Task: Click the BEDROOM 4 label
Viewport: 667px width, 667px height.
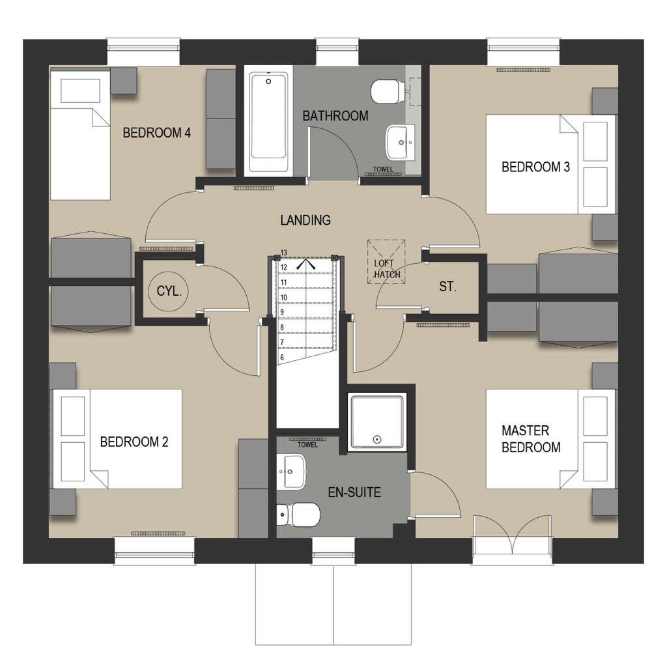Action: coord(156,133)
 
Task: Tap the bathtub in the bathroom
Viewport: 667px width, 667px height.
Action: coord(268,122)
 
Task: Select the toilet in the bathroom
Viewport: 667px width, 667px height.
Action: coord(388,91)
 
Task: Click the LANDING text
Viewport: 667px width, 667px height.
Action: coord(305,220)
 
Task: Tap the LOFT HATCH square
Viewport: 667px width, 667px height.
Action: coord(386,262)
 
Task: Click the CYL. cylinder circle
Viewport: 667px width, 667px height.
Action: coord(169,291)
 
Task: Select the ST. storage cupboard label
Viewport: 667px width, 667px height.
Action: coord(448,287)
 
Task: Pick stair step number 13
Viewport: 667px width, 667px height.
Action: coord(284,253)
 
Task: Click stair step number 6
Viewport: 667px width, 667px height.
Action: coord(282,358)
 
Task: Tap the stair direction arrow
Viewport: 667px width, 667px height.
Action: coord(306,264)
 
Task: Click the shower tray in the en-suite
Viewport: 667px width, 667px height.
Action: coord(376,421)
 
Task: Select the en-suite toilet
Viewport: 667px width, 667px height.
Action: coord(298,515)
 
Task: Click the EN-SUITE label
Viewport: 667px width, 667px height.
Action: coord(354,492)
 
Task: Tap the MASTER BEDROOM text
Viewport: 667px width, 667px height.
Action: coord(531,439)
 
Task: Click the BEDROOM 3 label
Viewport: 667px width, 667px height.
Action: coord(535,167)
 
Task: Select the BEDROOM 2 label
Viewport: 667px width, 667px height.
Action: coord(134,442)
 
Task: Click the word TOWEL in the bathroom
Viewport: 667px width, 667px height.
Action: coord(383,169)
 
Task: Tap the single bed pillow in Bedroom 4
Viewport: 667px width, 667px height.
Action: coord(80,91)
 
